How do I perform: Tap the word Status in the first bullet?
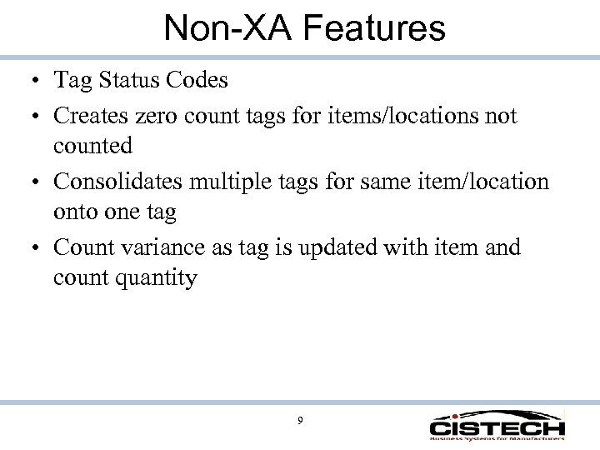pyautogui.click(x=123, y=82)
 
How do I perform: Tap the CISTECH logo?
pyautogui.click(x=497, y=425)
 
